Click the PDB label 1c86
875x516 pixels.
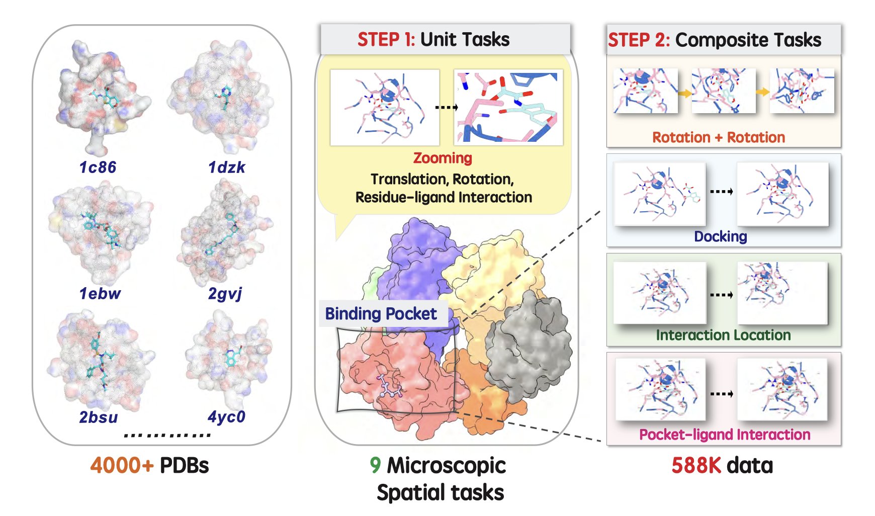coord(98,167)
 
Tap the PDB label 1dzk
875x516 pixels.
coord(227,167)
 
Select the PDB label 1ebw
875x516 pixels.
coord(100,293)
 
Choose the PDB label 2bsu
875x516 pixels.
coord(99,417)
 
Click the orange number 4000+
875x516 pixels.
coord(122,465)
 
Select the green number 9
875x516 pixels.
coord(375,465)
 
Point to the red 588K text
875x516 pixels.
coord(696,465)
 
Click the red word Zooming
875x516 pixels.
coord(443,158)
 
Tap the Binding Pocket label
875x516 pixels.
coord(381,313)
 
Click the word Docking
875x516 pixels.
coord(720,236)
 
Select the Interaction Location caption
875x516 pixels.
coord(723,335)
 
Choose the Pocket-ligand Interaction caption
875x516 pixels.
coord(725,435)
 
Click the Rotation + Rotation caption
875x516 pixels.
coord(719,137)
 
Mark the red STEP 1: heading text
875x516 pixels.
coord(386,39)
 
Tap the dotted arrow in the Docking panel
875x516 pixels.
coord(721,192)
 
